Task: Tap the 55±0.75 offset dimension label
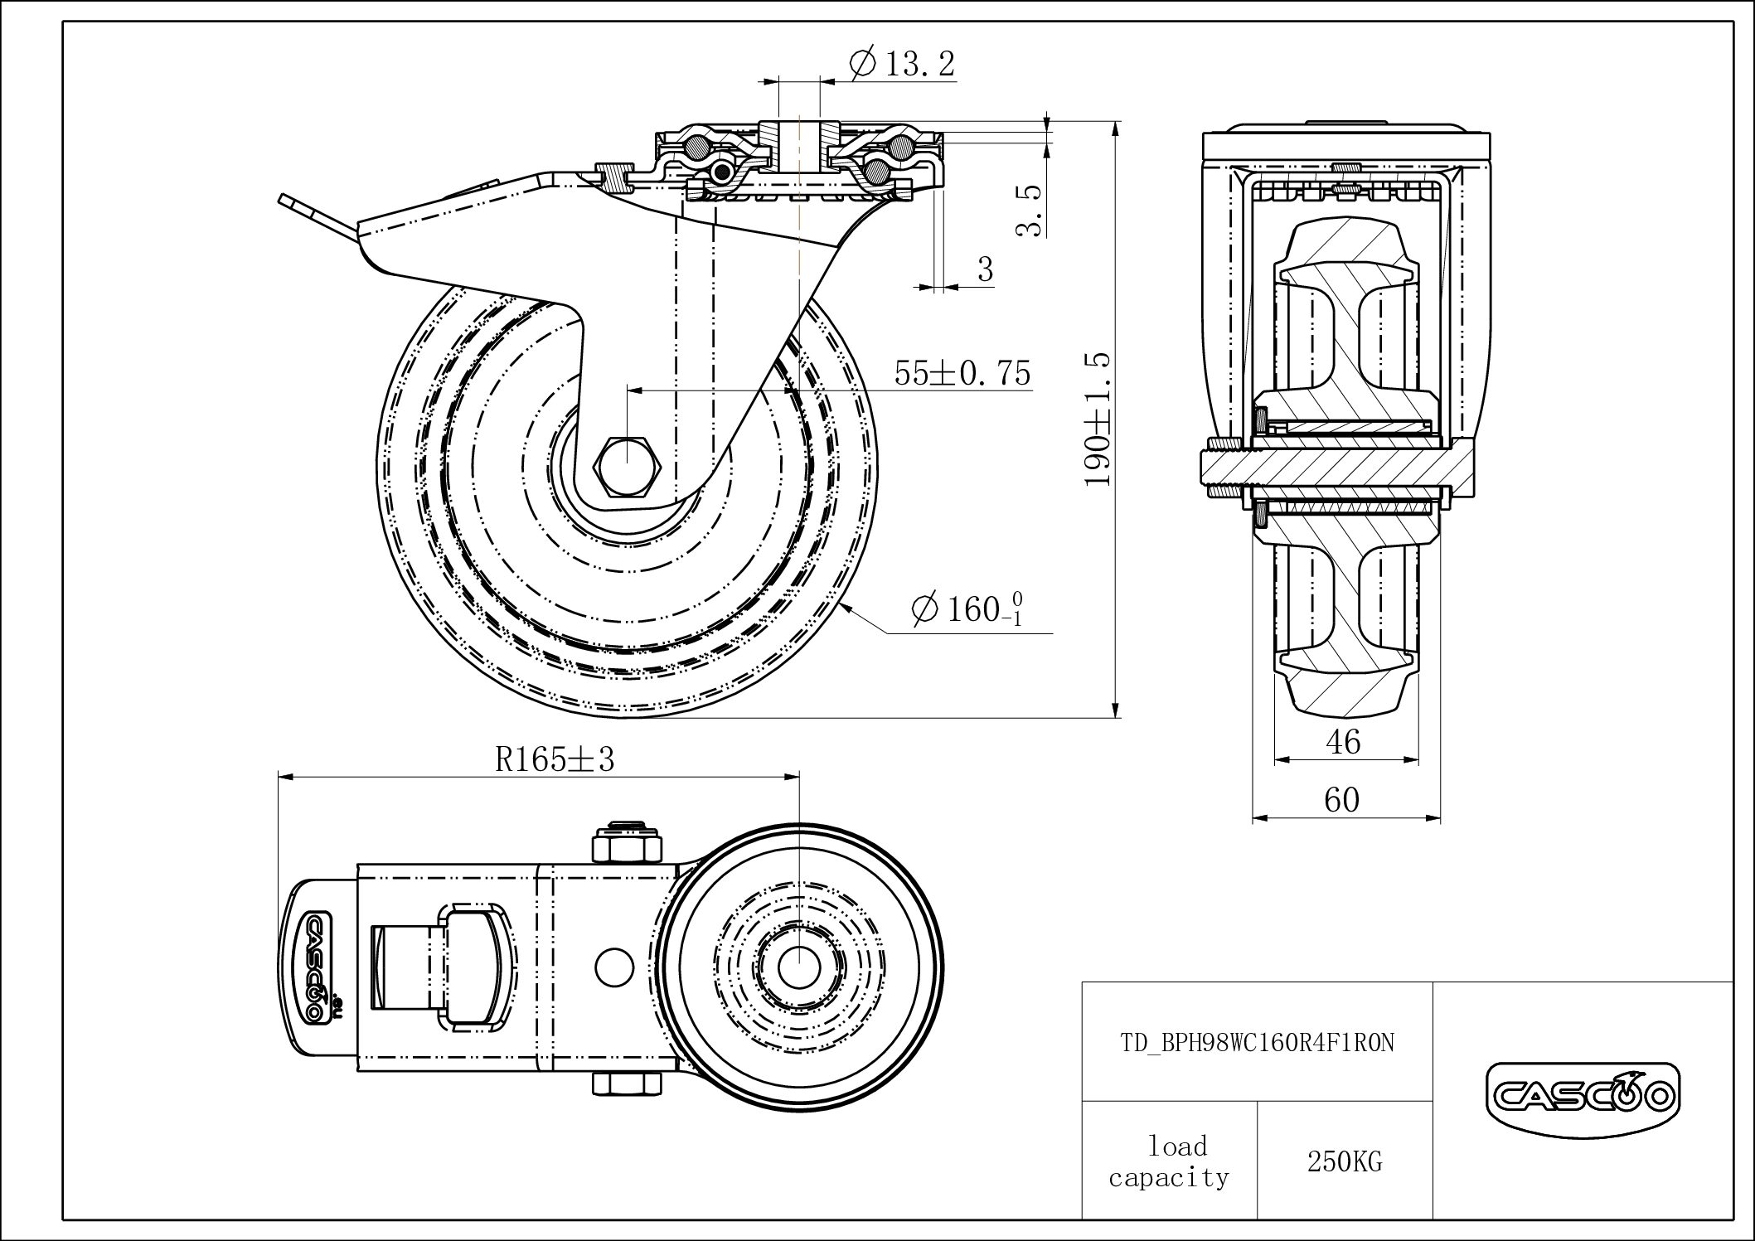962,373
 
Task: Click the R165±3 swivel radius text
555,759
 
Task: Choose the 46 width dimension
1342,741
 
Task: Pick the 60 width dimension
1341,800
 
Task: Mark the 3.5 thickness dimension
1030,211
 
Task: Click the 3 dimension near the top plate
985,269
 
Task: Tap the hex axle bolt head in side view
628,464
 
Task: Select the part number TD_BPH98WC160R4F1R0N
1258,1043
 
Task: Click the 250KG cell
1345,1162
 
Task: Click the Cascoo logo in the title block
1582,1098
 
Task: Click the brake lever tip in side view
285,201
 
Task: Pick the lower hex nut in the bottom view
627,1084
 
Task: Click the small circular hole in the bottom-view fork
615,966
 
